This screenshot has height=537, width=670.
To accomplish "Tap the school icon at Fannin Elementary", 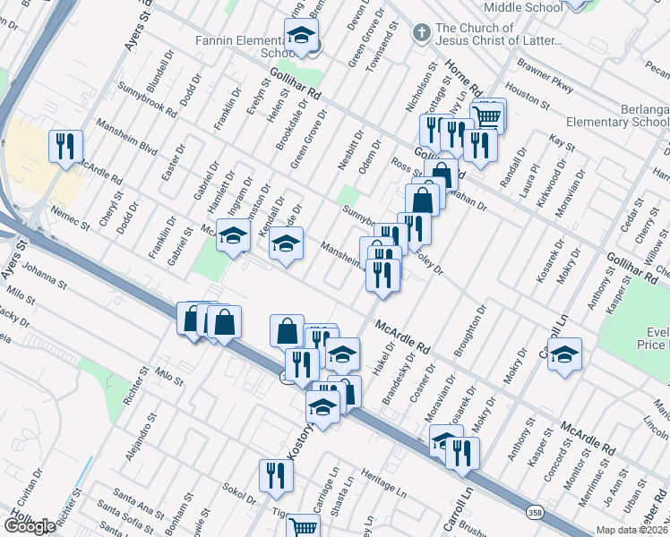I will pyautogui.click(x=302, y=38).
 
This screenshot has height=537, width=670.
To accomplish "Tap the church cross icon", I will pyautogui.click(x=422, y=33).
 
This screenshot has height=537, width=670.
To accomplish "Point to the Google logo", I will pyautogui.click(x=30, y=526).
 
